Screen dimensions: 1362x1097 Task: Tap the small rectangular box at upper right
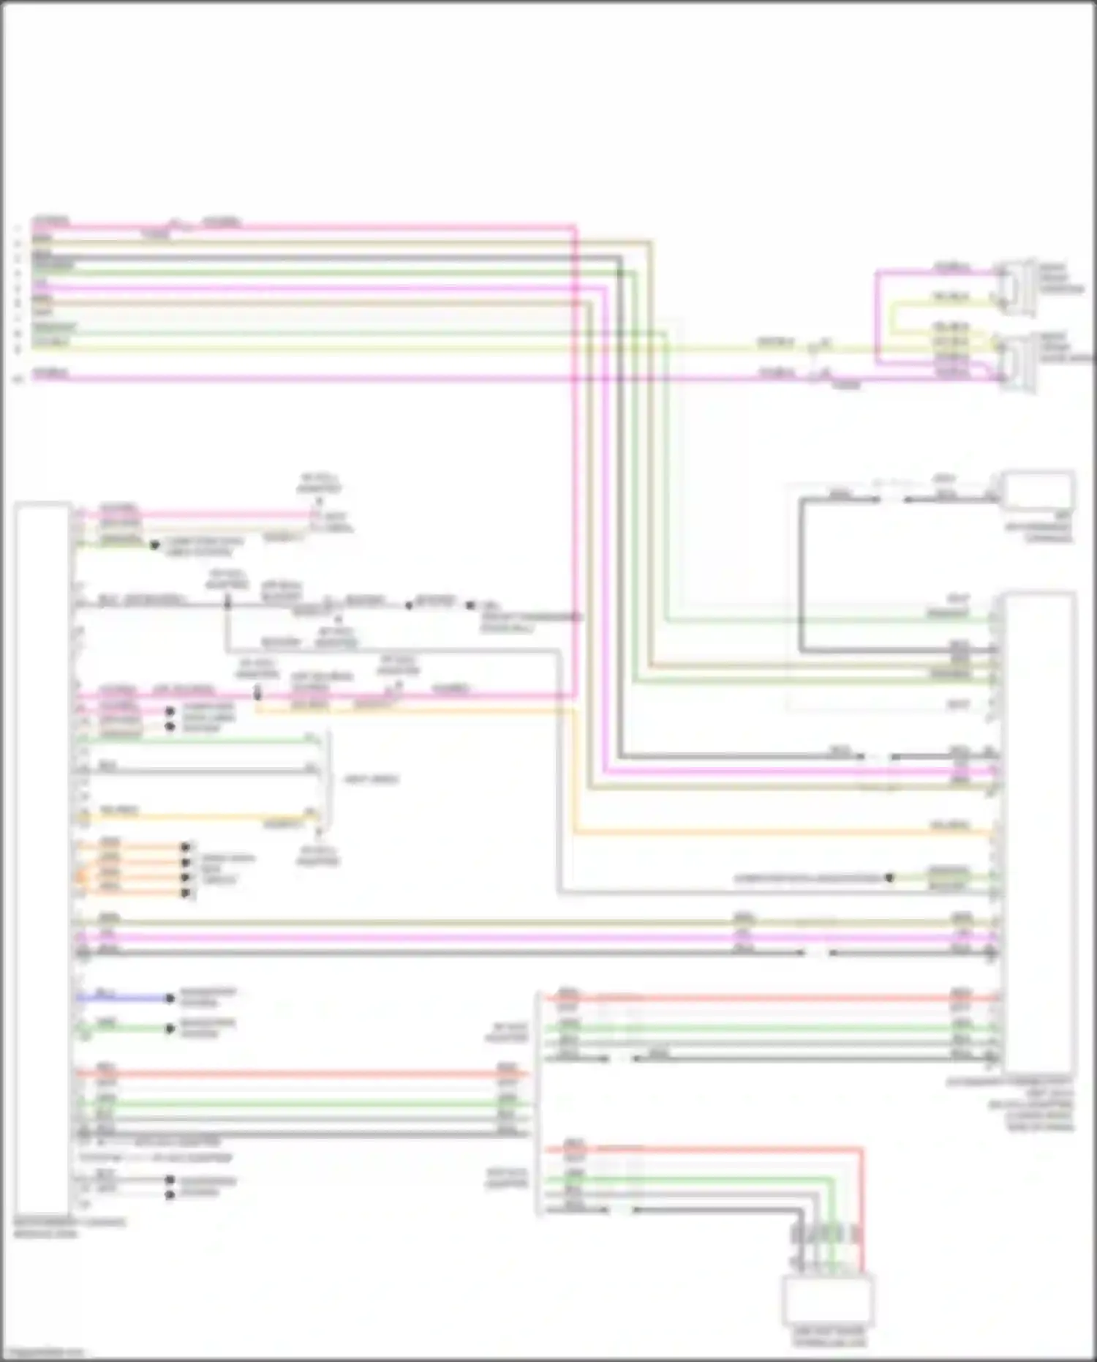pos(1037,491)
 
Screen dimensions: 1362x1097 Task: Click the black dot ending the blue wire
pos(170,998)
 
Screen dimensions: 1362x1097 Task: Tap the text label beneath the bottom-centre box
pos(829,1336)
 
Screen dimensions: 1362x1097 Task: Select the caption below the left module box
pos(69,1227)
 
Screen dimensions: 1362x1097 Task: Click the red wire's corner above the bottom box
pos(862,1150)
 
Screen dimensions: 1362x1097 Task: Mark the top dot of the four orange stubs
pos(186,847)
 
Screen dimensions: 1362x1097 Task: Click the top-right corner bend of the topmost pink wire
pos(575,227)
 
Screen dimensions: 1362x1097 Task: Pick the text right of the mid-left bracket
pos(371,779)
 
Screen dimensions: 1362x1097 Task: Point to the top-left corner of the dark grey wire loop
pos(802,500)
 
